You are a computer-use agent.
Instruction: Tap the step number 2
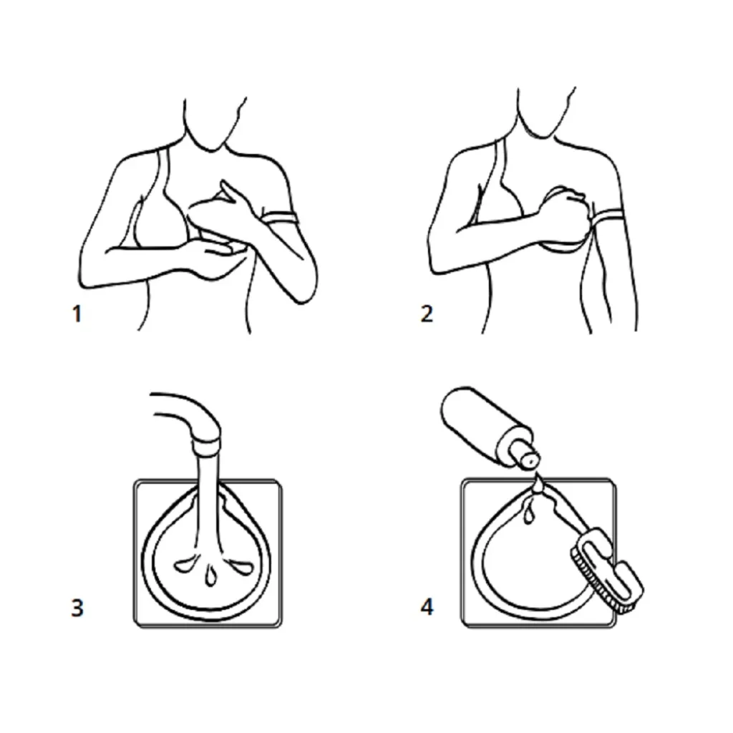pos(427,314)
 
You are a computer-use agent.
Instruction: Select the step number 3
pos(77,607)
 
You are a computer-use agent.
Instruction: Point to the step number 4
pos(427,607)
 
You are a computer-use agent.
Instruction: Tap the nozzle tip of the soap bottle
pos(530,462)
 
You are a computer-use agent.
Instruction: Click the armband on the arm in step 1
pos(280,218)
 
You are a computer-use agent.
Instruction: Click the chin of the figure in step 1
pos(211,149)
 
